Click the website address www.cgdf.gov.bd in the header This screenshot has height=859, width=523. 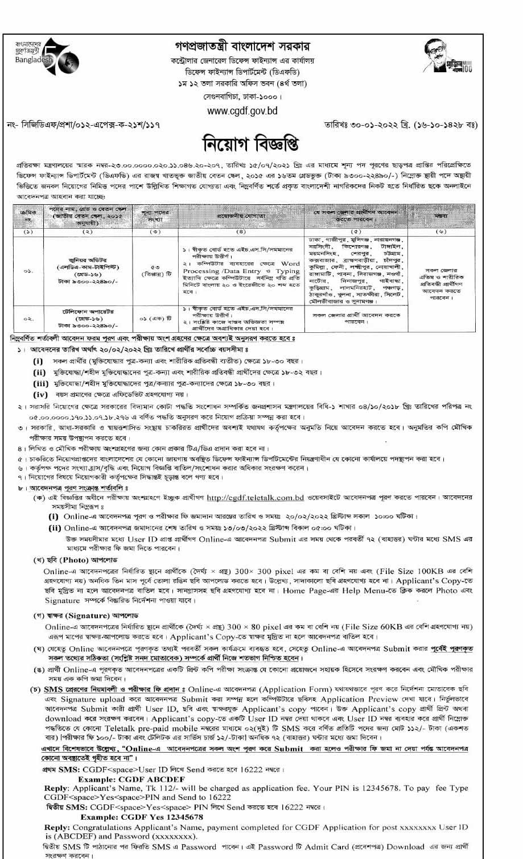tap(242, 111)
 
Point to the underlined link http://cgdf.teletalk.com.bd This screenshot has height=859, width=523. tap(255, 497)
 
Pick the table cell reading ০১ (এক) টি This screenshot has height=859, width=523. tap(155, 317)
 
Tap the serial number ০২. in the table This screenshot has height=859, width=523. tap(28, 319)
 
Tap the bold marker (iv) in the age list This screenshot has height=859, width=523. tap(40, 394)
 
